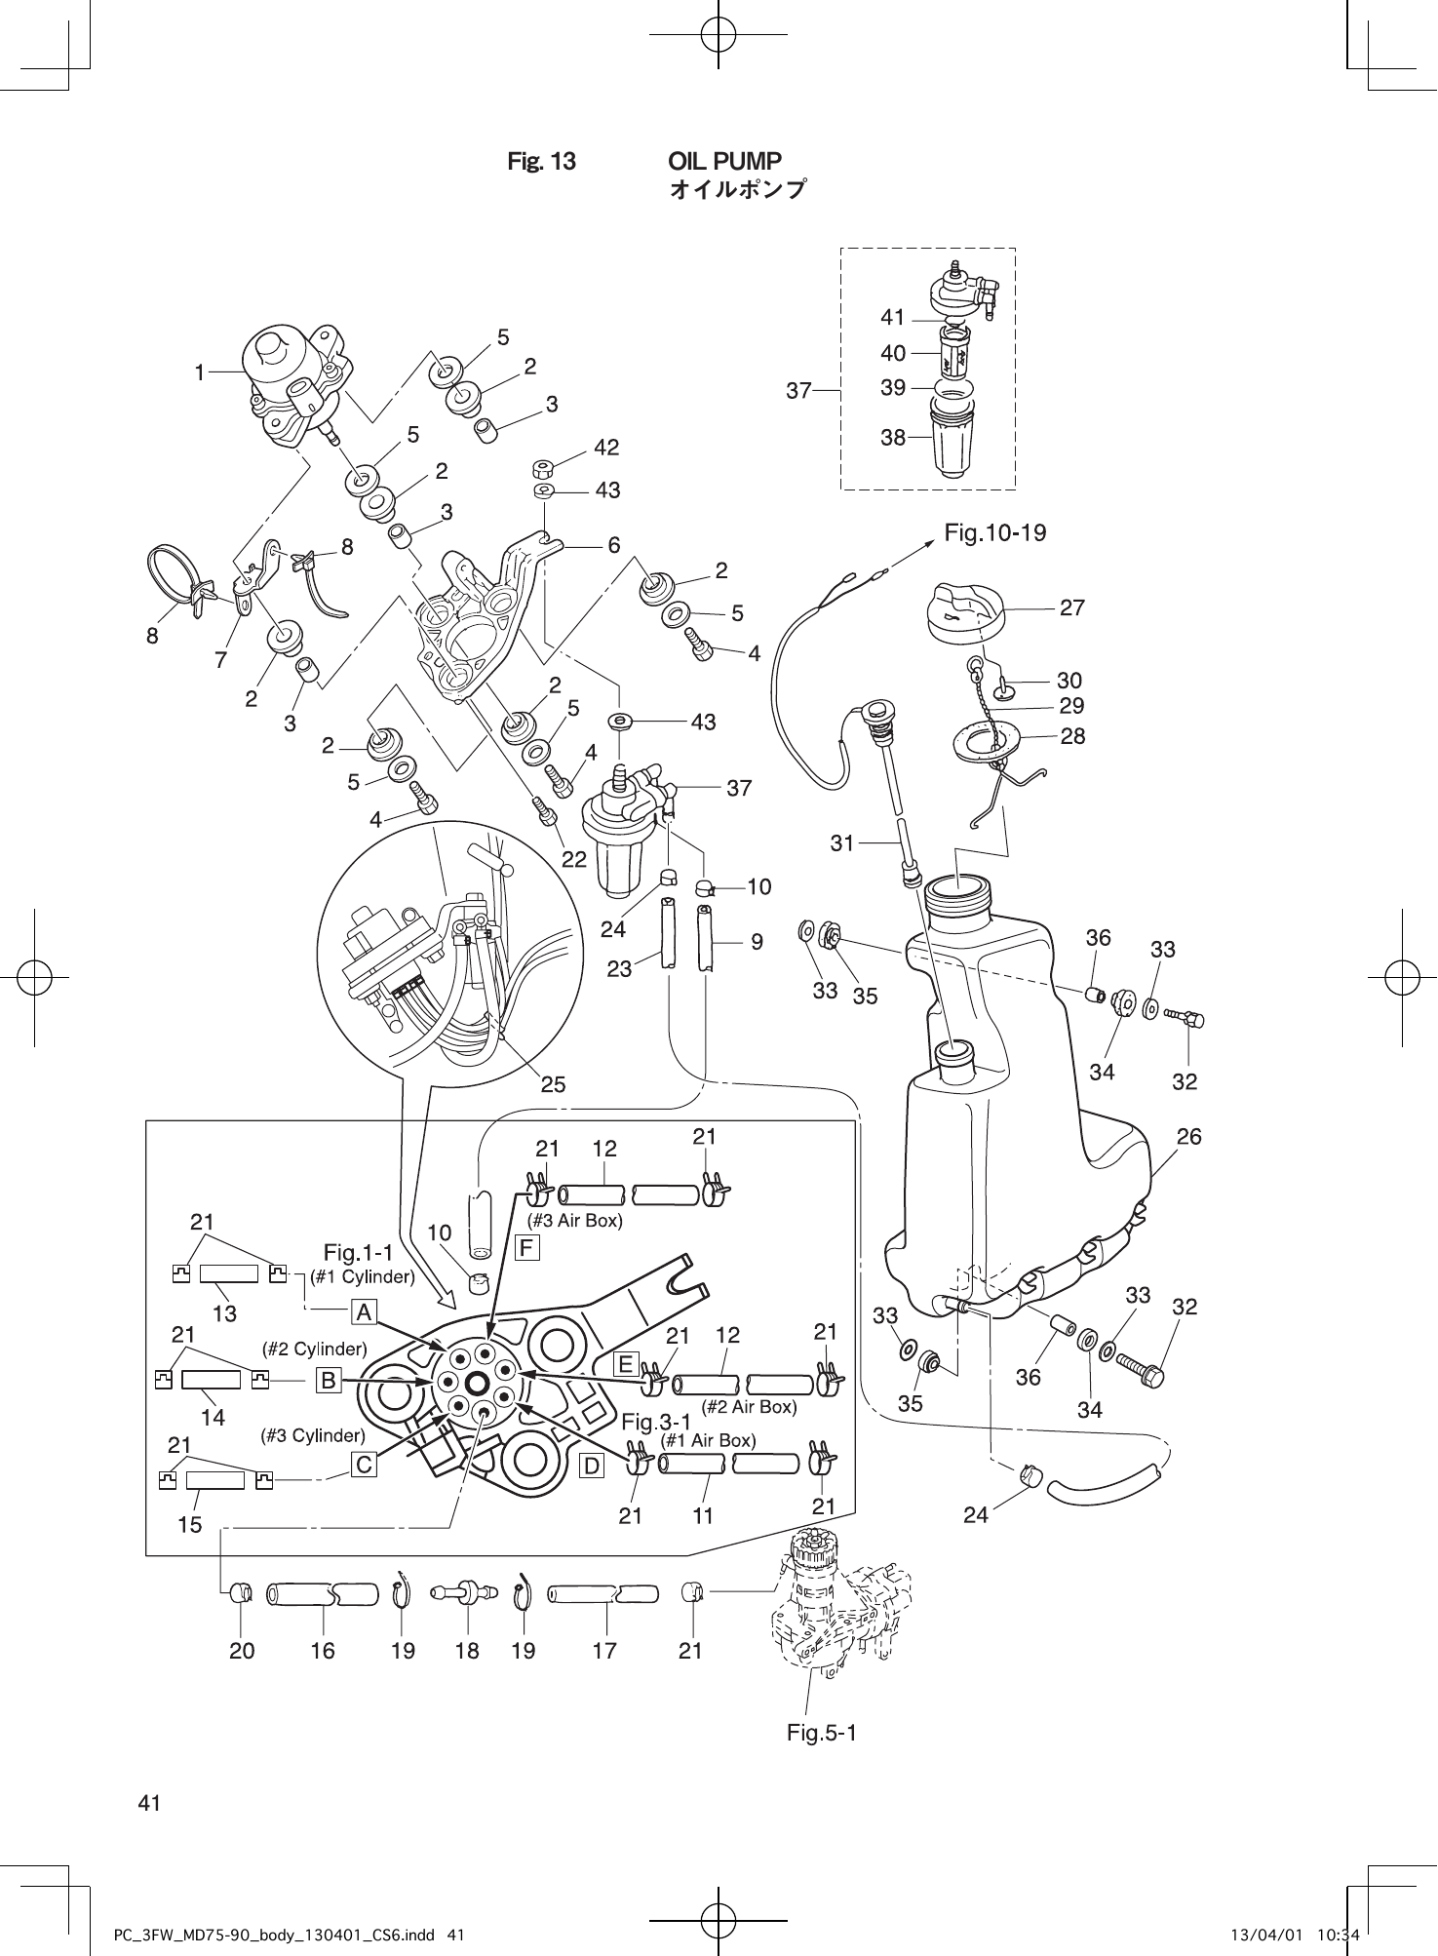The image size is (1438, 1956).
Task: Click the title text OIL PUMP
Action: tap(724, 161)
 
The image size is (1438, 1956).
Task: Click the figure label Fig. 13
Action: tap(541, 162)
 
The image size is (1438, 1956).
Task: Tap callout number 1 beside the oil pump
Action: tap(199, 372)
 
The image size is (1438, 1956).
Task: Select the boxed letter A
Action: tap(364, 1313)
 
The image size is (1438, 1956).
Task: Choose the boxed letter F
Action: tap(526, 1247)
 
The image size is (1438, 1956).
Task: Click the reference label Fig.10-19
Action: tap(994, 532)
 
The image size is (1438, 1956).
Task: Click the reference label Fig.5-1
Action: tap(821, 1733)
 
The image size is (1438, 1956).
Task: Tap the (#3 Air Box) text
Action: tap(574, 1220)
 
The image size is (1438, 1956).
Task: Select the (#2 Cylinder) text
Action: tap(314, 1350)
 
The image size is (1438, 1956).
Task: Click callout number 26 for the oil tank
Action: tap(1188, 1136)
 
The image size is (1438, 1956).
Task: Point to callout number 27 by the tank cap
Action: tap(1071, 607)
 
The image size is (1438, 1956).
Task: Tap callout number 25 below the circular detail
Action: tap(553, 1084)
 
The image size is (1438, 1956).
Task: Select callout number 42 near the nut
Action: tap(606, 448)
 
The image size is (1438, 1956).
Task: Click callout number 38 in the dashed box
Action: tap(893, 438)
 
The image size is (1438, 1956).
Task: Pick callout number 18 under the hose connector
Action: tap(467, 1651)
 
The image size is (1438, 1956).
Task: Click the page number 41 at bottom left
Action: tap(149, 1803)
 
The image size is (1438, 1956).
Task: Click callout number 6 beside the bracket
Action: tap(614, 546)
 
